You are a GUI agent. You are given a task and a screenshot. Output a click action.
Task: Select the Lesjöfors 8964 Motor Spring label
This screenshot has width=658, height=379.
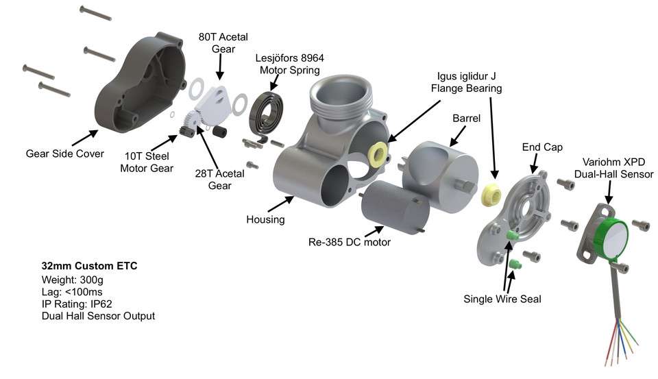289,64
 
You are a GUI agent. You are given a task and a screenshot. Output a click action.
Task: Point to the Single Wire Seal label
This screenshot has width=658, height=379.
502,298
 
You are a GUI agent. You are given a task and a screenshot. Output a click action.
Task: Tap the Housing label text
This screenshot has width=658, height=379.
265,219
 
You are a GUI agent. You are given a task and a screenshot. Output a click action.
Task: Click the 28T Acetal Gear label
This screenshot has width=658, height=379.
220,180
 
